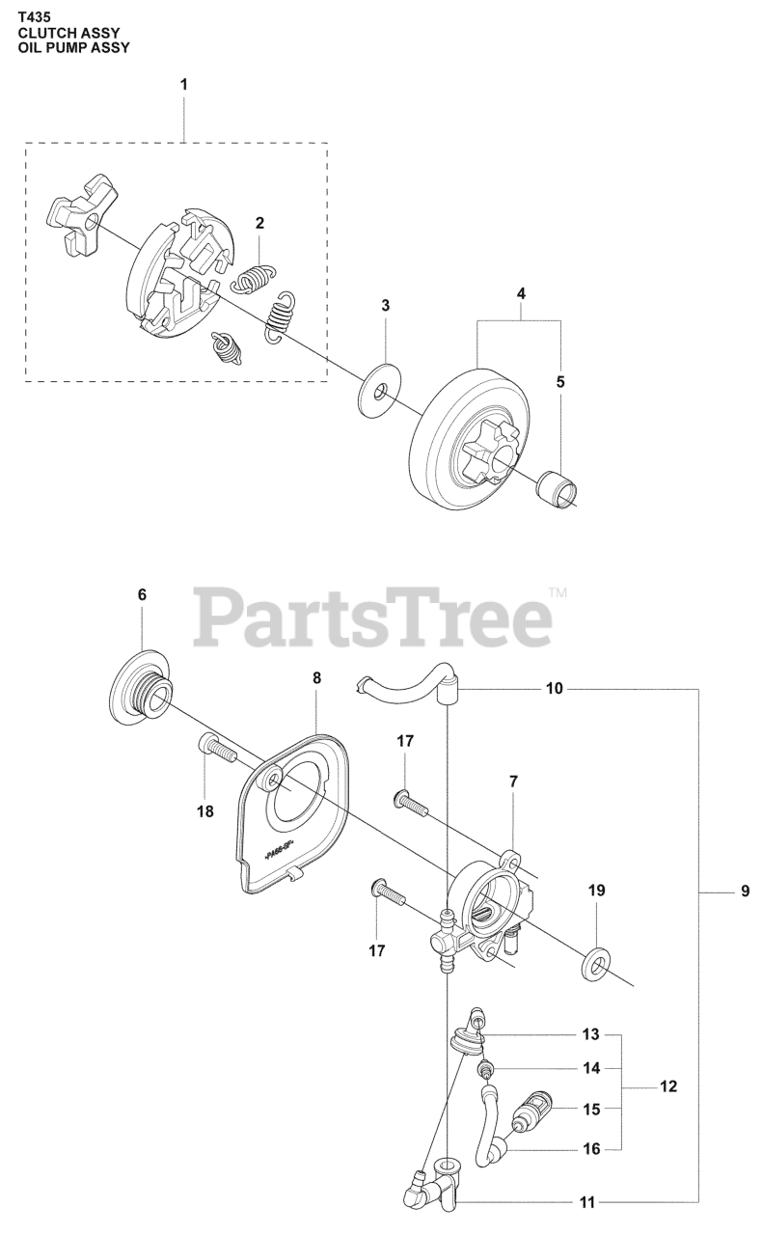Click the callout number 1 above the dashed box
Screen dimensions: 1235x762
click(183, 85)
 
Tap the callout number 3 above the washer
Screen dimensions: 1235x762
click(385, 306)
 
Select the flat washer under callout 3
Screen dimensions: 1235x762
click(380, 390)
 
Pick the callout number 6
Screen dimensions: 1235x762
click(142, 595)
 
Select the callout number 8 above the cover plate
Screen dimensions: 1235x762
click(316, 678)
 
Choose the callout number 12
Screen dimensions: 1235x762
click(667, 1087)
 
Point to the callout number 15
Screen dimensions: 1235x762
click(591, 1110)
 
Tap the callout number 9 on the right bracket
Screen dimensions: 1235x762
click(745, 893)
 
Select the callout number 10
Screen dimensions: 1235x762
click(554, 690)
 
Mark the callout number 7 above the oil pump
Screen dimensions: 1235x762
click(512, 781)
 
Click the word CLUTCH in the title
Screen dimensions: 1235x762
click(49, 32)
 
